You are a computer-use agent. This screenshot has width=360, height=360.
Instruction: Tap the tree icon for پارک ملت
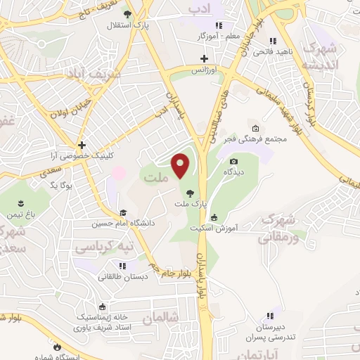(x=189, y=193)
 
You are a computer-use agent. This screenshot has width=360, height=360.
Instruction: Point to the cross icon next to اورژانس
(x=204, y=58)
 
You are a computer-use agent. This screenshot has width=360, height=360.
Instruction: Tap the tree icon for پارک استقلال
(x=127, y=14)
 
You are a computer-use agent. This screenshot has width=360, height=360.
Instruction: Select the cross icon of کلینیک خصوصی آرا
(x=82, y=145)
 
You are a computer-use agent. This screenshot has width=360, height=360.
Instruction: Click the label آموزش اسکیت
(x=215, y=229)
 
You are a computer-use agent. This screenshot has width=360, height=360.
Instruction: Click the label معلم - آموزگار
(x=219, y=34)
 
